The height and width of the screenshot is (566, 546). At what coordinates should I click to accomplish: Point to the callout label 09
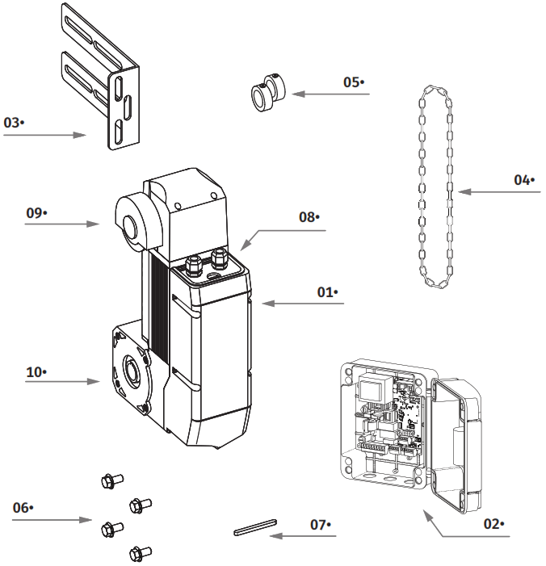tap(36, 212)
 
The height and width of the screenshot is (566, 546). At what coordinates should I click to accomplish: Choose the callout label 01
tap(327, 291)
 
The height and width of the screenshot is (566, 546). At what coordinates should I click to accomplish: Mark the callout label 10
tap(36, 371)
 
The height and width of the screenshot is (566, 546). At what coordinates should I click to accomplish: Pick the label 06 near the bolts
tap(23, 507)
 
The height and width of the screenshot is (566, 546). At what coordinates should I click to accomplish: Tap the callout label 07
tap(321, 524)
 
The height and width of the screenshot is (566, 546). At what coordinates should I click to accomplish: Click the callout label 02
tap(493, 523)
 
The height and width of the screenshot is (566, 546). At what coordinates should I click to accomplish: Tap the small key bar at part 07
tap(255, 528)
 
